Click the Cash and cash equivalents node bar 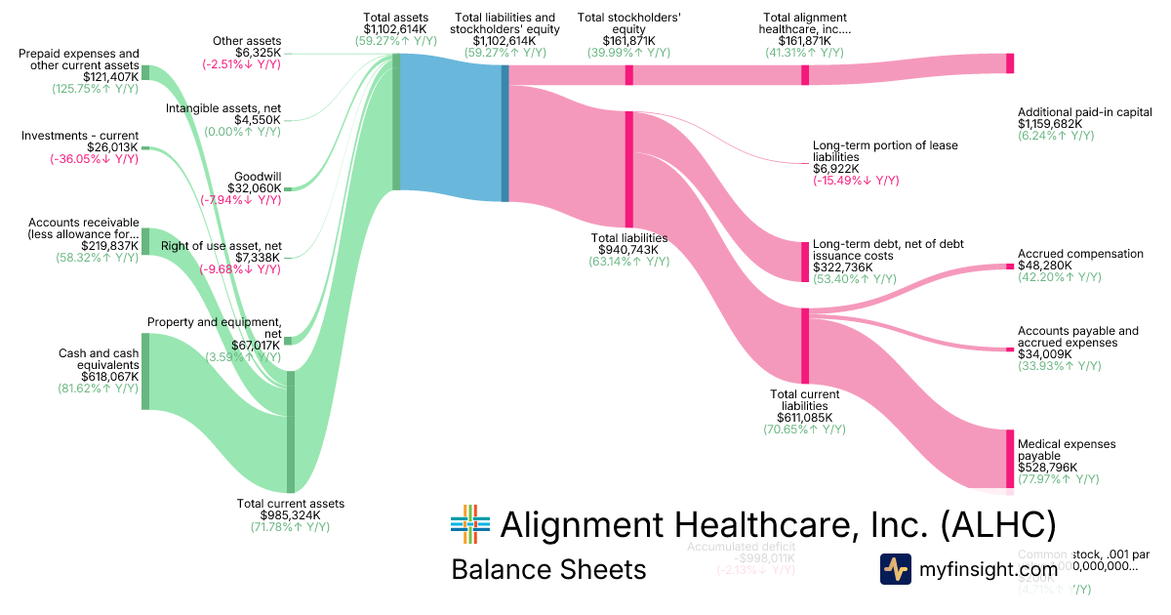click(145, 371)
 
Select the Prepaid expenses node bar click(145, 72)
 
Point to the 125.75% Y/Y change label click(95, 88)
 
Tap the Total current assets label click(291, 504)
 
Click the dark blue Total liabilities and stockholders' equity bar click(505, 133)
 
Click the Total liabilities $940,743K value click(629, 249)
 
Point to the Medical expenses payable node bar click(1010, 457)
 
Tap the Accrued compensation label click(1079, 254)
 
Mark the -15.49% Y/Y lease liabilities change click(856, 181)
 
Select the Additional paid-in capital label click(1084, 112)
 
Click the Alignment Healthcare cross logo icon click(469, 524)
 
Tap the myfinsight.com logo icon click(895, 568)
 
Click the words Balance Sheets click(547, 569)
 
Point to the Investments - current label click(80, 136)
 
